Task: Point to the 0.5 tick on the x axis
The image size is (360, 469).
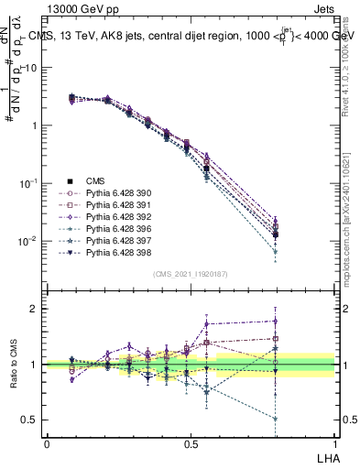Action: (x=191, y=443)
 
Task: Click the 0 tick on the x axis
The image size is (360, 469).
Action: (x=47, y=443)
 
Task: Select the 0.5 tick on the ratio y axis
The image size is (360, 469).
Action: (x=29, y=420)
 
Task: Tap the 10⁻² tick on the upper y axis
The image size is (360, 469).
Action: (x=27, y=241)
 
